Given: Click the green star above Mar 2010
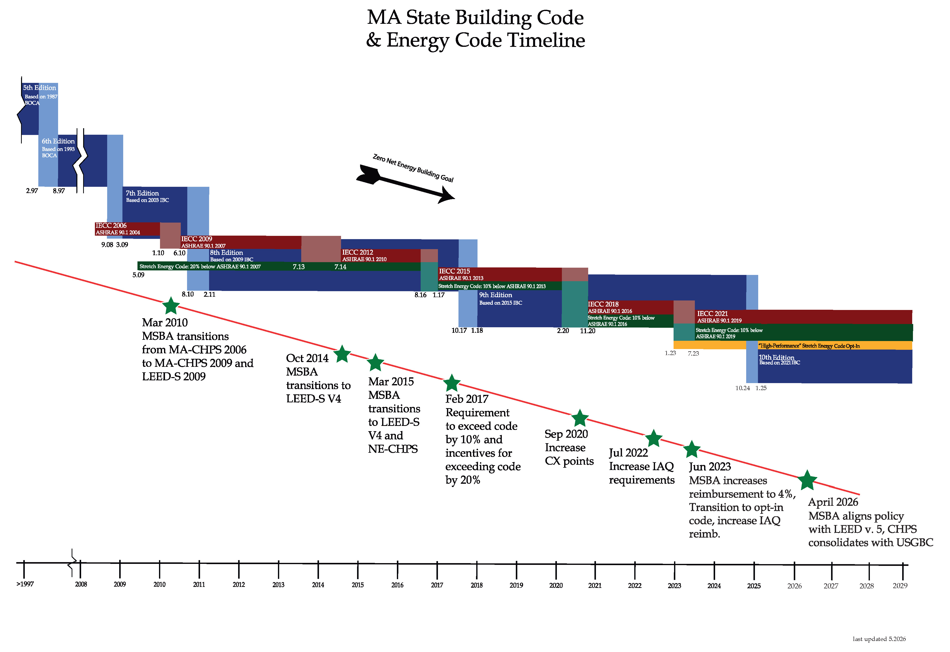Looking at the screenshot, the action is tap(171, 305).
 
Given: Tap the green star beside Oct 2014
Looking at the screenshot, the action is tap(342, 354).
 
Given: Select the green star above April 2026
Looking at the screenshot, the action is tap(807, 480).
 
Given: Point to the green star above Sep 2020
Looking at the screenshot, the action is tap(580, 418).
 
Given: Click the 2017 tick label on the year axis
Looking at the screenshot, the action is tap(437, 585).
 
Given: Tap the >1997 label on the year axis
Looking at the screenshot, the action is tap(25, 584).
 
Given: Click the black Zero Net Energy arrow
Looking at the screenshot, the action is tap(405, 184).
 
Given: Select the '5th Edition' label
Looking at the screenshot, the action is tap(39, 87).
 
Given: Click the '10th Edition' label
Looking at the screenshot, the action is tap(776, 357).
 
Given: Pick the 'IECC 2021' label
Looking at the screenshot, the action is tap(713, 313).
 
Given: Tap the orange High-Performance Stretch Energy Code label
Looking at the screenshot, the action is tap(809, 346).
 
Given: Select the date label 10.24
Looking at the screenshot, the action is tap(742, 388).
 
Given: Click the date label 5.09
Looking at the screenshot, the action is tap(138, 275).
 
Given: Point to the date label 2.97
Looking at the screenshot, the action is tap(32, 191).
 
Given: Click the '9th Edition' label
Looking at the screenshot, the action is tap(496, 295).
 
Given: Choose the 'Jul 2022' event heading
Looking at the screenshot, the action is tap(628, 453).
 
